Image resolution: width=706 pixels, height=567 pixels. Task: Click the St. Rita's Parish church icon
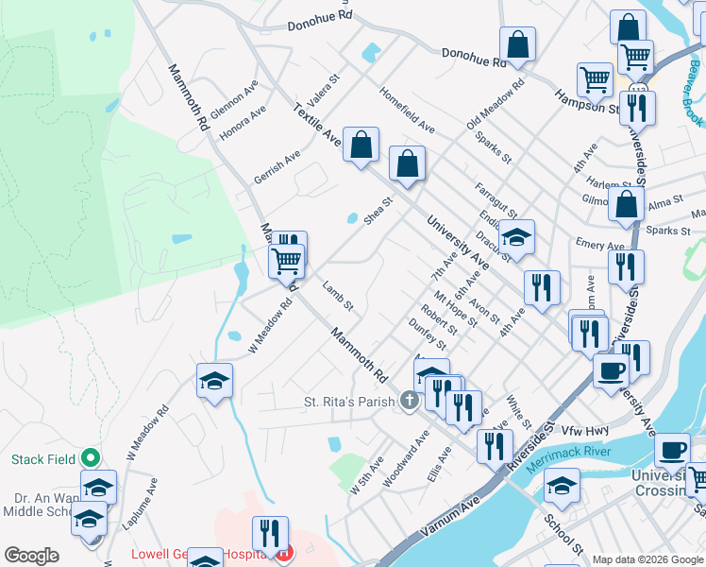[x=410, y=402]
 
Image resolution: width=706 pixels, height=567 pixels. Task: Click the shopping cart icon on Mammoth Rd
[x=287, y=259]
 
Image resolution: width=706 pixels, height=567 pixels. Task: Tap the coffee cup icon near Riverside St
[x=610, y=369]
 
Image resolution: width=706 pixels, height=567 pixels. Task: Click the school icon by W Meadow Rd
[x=215, y=381]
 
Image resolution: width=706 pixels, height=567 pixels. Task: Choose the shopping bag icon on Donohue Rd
[x=517, y=43]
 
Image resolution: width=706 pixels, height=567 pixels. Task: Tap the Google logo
[x=31, y=556]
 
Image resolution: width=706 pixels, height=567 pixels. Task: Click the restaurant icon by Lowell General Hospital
[x=270, y=534]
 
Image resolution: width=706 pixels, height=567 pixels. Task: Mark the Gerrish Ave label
[x=277, y=166]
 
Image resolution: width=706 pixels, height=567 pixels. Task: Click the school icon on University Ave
[x=516, y=236]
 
